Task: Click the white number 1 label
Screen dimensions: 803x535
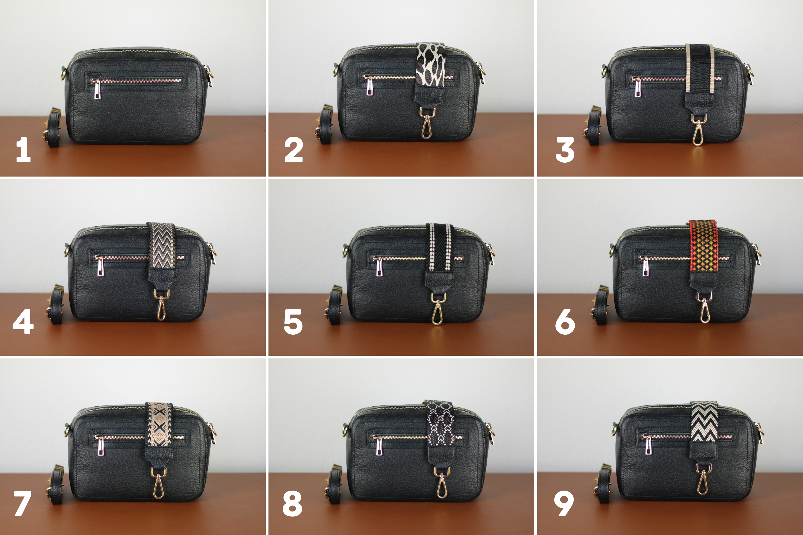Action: [x=23, y=150]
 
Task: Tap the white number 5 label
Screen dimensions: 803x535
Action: [x=293, y=322]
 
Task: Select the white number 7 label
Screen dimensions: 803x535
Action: [x=22, y=503]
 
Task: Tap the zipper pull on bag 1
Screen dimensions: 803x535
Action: [x=97, y=89]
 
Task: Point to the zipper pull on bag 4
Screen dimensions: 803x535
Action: [x=99, y=266]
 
